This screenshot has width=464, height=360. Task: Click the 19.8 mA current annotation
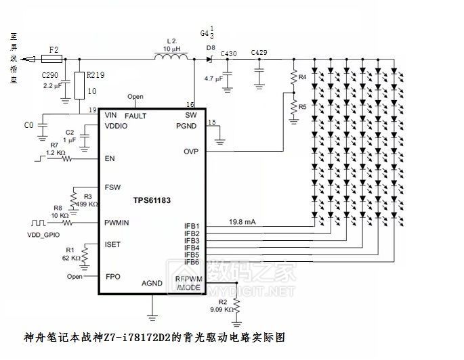(242, 221)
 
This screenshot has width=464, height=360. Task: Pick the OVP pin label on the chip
(190, 152)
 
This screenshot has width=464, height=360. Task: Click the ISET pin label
(112, 244)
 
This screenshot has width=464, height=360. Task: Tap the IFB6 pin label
(192, 262)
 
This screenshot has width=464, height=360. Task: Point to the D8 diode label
(212, 48)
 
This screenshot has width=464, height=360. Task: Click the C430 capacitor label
(229, 53)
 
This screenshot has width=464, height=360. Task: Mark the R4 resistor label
(303, 78)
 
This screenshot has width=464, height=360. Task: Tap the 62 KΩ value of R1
(71, 258)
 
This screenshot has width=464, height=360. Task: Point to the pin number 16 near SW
(191, 105)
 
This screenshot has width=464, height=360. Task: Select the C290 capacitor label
(50, 76)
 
